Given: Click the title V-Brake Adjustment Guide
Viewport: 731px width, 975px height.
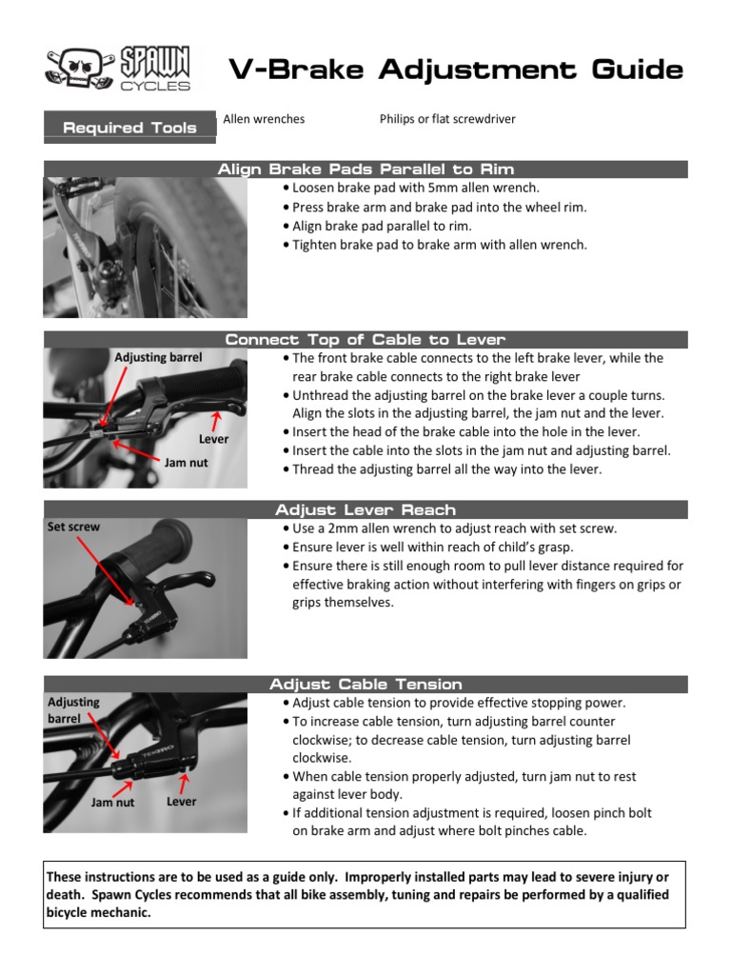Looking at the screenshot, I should [x=455, y=70].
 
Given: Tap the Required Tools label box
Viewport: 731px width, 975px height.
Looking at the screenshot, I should [x=129, y=128].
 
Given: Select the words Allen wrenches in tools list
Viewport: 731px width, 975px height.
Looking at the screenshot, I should [x=264, y=119].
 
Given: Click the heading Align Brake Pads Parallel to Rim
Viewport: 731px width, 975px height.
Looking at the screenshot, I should [x=365, y=169].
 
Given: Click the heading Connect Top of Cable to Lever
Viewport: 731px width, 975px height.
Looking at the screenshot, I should [x=365, y=340].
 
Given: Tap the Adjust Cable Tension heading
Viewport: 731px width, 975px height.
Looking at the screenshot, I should [x=365, y=684].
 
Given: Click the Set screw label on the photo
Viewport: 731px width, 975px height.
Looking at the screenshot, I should [x=73, y=527].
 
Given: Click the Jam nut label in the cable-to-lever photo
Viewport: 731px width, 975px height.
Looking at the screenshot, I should [x=188, y=462].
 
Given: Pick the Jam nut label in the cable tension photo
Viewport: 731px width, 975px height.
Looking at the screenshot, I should [x=112, y=803].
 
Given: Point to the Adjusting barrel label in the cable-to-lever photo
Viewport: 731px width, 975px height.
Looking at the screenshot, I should [x=158, y=357].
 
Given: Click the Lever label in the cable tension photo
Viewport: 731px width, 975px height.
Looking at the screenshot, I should [x=181, y=802].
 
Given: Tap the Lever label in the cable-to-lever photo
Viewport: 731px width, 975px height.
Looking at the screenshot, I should [x=213, y=439].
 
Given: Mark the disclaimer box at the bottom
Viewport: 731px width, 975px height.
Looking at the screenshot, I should [x=365, y=894].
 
